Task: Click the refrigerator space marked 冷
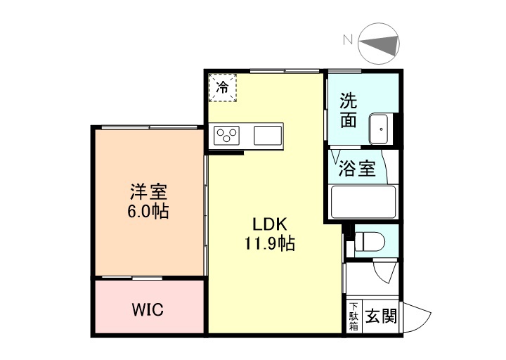222,88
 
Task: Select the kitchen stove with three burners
228,134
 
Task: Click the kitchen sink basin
267,134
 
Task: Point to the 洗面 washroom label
348,110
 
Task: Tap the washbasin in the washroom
380,127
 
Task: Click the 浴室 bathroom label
357,169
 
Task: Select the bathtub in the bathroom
363,202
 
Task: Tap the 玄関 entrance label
380,316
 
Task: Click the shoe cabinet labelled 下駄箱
353,316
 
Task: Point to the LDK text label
268,225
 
